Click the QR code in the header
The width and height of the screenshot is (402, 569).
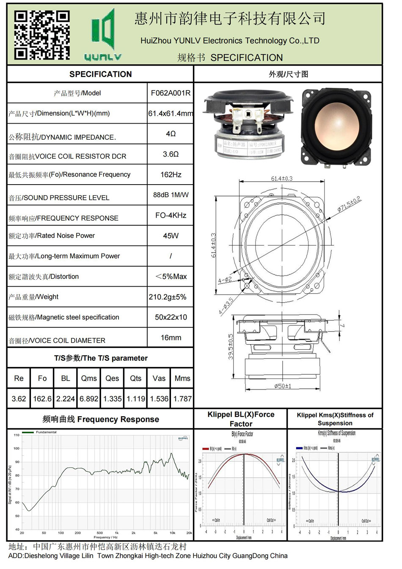[41, 35]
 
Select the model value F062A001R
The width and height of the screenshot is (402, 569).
[171, 93]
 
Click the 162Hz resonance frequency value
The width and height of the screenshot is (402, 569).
[171, 174]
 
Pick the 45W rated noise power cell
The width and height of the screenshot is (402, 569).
[171, 236]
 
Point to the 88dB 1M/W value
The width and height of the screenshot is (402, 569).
[171, 195]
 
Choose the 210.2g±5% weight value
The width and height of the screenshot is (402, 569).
[168, 297]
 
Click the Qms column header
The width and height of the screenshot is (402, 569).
[89, 378]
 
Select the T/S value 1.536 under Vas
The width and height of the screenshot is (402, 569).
[159, 399]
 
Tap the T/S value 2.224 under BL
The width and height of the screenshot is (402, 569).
[66, 399]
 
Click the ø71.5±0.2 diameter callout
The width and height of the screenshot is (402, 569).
[349, 204]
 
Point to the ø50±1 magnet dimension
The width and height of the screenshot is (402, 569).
[282, 386]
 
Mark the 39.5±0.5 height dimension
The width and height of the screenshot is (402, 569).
[231, 347]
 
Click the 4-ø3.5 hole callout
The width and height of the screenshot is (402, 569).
[226, 306]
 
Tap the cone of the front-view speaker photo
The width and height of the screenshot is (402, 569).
[336, 126]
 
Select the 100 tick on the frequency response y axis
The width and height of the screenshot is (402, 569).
[17, 448]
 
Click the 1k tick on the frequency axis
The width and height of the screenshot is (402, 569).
[117, 533]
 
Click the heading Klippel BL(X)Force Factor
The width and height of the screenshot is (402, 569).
[241, 419]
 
